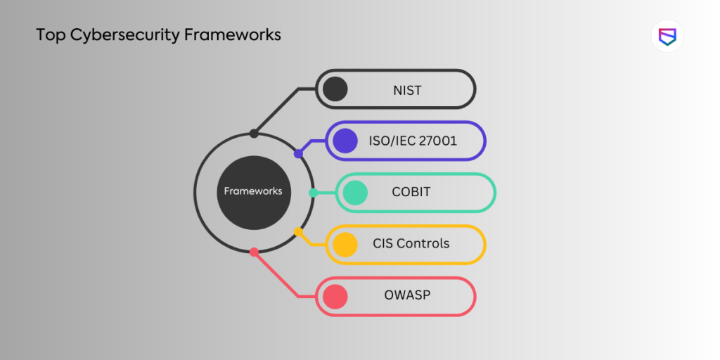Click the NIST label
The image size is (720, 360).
tap(407, 89)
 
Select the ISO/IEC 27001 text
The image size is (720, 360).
tap(413, 141)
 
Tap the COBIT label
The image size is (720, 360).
tap(411, 192)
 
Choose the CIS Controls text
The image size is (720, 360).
tap(411, 244)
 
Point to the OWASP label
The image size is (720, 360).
tap(407, 295)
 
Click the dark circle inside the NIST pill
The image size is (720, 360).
tap(335, 89)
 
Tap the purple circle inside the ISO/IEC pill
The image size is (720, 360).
tap(345, 141)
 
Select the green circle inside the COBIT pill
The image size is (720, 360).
tap(355, 193)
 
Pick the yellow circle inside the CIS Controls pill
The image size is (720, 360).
tap(345, 244)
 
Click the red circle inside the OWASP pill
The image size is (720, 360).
tap(335, 296)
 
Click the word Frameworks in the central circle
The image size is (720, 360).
tap(253, 191)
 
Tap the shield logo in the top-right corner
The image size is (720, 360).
tap(667, 37)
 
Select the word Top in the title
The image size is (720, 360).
tap(50, 35)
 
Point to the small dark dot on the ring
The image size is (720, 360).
tap(254, 133)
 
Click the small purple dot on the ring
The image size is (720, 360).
tap(298, 153)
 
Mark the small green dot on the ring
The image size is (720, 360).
tap(313, 192)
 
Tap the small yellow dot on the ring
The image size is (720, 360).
tap(298, 231)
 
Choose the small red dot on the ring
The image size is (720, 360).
tap(254, 251)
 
